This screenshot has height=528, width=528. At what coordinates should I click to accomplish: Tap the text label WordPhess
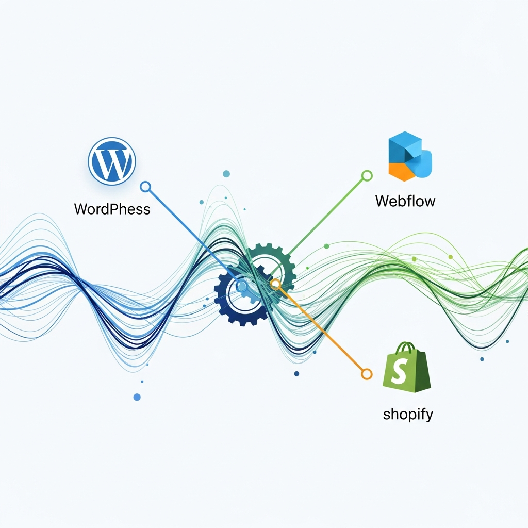[112, 209]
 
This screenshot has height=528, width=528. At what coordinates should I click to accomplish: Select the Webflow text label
[405, 201]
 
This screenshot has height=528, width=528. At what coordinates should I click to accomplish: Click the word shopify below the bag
[408, 414]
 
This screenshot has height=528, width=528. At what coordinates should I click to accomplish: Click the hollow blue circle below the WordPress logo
[145, 187]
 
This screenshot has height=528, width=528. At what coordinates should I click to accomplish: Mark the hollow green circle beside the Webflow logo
[367, 176]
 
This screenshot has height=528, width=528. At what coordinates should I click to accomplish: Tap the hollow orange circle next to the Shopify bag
[367, 374]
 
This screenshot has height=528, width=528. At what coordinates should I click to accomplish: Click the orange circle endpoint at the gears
[275, 283]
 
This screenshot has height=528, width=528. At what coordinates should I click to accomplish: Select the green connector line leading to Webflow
[325, 217]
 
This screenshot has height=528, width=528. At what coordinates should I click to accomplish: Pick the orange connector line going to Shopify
[322, 330]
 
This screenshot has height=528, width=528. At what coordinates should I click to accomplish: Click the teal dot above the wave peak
[226, 174]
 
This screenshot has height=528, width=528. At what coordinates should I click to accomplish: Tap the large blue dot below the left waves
[137, 397]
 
